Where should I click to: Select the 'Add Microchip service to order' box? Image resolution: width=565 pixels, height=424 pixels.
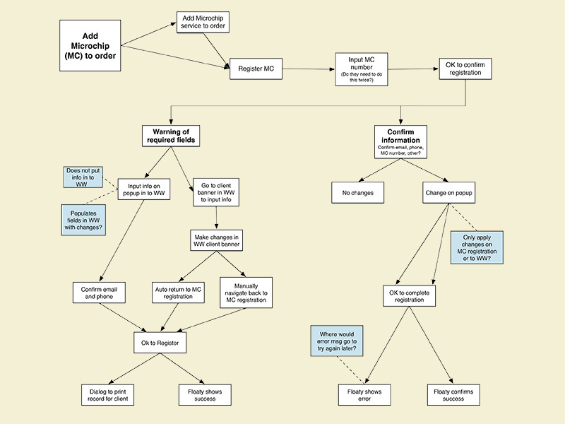pos(203,23)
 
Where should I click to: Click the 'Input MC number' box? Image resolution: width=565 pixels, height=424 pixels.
pos(357,69)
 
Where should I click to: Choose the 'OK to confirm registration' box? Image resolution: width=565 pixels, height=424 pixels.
pos(463,69)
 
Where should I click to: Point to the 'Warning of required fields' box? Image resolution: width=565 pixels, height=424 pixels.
pos(170,136)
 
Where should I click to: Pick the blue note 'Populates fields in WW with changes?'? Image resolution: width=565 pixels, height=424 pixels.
pos(83,220)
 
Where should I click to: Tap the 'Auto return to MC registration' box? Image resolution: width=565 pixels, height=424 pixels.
pos(179,292)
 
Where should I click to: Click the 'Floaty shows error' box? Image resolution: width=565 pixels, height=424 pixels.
pos(364,394)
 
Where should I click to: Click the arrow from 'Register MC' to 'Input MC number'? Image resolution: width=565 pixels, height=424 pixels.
pos(304,69)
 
